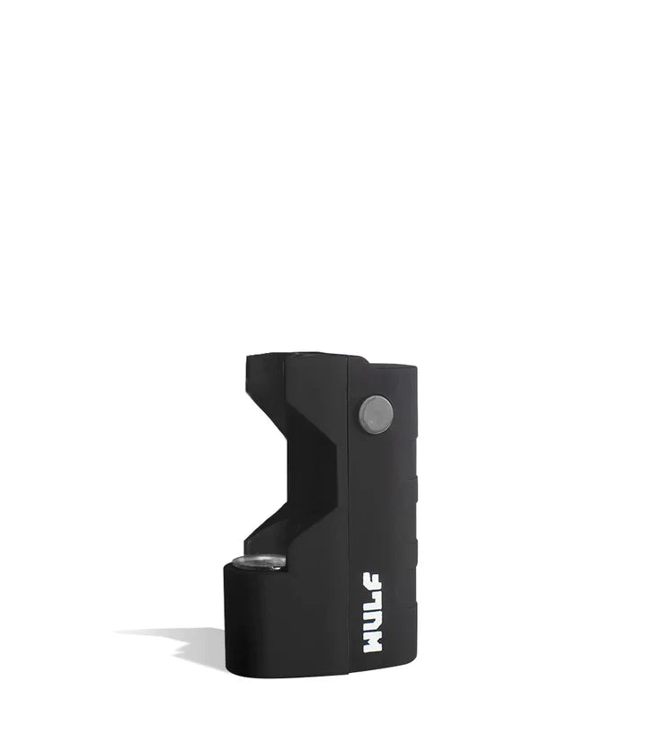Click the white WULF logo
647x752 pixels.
pyautogui.click(x=372, y=613)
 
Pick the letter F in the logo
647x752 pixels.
pyautogui.click(x=372, y=582)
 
